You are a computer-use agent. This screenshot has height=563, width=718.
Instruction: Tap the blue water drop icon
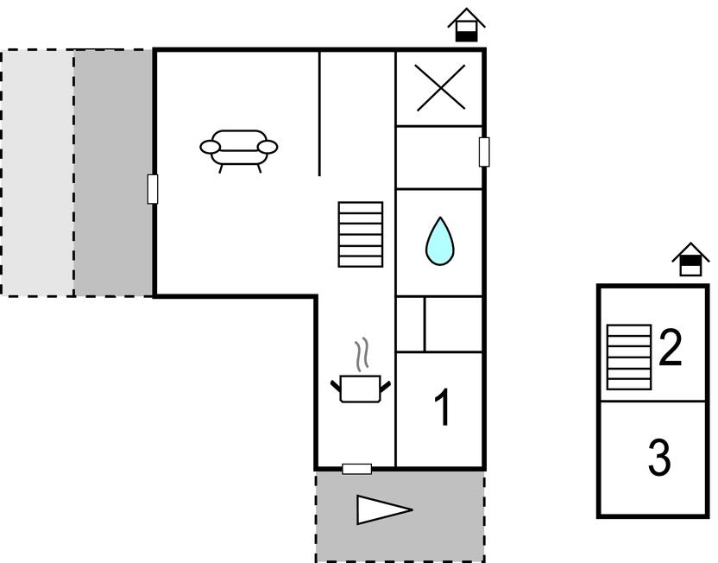[x=440, y=241]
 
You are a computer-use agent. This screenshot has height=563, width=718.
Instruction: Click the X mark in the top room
[x=440, y=87]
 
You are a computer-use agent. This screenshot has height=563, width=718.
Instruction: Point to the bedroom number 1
[x=443, y=408]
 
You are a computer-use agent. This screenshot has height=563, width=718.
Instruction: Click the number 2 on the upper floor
[x=671, y=347]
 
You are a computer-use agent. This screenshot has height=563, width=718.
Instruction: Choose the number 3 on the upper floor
[x=659, y=457]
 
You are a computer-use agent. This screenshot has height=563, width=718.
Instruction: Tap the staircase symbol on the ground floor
[x=361, y=234]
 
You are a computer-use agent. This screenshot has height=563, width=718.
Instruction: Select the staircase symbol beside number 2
[x=629, y=357]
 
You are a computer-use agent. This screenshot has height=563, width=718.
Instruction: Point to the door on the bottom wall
[x=356, y=469]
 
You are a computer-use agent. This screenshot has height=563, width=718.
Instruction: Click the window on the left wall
[x=153, y=189]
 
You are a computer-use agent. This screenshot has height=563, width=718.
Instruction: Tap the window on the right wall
[x=484, y=152]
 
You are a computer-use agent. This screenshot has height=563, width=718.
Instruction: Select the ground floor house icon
[x=466, y=25]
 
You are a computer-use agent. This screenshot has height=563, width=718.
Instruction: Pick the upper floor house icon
[x=690, y=259]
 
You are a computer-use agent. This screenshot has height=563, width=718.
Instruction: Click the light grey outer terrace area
[x=38, y=172]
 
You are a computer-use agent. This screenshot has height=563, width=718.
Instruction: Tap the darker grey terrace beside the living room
[x=113, y=172]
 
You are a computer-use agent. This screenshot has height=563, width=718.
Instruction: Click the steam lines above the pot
[x=362, y=354]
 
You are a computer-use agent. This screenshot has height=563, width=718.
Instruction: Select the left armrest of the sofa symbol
[x=211, y=147]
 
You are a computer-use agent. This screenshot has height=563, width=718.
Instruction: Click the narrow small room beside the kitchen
[x=410, y=325]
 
